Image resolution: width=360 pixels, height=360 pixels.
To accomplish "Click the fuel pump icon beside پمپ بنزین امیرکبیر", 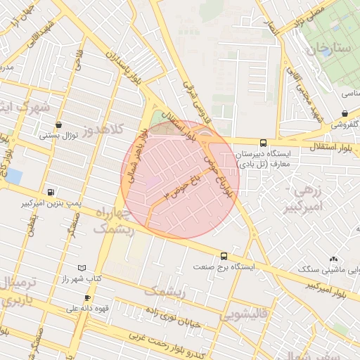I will pos(51,192).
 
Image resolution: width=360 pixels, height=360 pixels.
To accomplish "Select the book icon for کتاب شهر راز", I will pos(82,269).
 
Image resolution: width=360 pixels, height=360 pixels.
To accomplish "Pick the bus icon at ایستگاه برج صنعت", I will pos(224,257).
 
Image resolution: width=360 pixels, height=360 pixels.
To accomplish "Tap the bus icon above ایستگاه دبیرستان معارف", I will pos(263,142).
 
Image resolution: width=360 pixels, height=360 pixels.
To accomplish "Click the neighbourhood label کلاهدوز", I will pos(100,129).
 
